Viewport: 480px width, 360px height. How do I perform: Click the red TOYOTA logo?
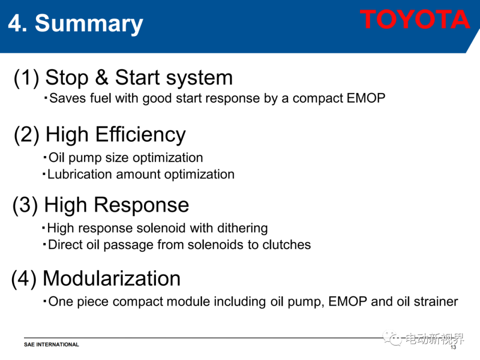(415, 19)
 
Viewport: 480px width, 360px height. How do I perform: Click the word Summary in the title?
(89, 24)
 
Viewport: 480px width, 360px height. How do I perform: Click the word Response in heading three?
(141, 204)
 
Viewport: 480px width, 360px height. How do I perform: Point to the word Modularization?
(112, 278)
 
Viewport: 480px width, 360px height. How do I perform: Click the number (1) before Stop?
(26, 77)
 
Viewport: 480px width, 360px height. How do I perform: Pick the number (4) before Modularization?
(24, 279)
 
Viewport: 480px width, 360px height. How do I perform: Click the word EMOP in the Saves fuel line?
(366, 98)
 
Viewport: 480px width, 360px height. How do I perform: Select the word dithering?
(243, 228)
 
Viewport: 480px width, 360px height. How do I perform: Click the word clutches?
(287, 244)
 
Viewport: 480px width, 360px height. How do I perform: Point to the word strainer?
(436, 301)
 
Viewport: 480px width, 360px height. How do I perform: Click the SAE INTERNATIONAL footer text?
(52, 344)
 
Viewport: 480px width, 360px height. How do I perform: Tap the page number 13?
(453, 347)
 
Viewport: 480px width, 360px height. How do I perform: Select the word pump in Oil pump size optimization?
(85, 158)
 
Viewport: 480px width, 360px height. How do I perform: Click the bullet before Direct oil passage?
(45, 244)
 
